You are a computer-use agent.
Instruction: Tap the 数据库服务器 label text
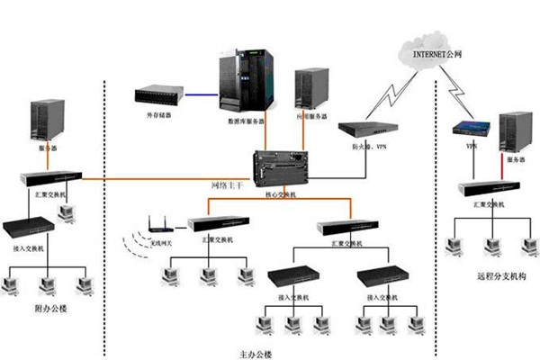(x=246, y=119)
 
